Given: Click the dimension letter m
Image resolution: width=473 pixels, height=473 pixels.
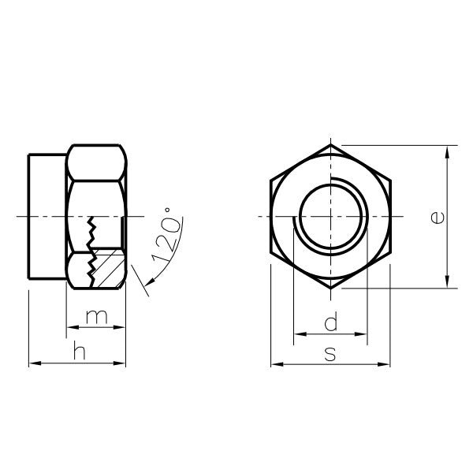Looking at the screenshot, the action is coord(96,317).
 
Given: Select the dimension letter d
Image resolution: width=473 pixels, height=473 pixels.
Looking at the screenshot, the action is coord(331,322).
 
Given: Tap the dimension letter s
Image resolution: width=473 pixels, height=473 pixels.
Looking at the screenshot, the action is coord(330,354).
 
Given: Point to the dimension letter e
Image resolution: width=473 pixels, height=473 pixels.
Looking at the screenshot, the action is coord(438,218).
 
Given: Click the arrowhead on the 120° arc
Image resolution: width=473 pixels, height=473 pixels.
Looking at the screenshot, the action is coord(151,282).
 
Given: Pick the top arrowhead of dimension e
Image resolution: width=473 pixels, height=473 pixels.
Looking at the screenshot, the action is coord(447,151).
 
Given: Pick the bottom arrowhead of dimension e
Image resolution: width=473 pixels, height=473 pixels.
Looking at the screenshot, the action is coord(447,281).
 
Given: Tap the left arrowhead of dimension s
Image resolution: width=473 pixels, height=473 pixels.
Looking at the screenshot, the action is coord(277,364).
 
